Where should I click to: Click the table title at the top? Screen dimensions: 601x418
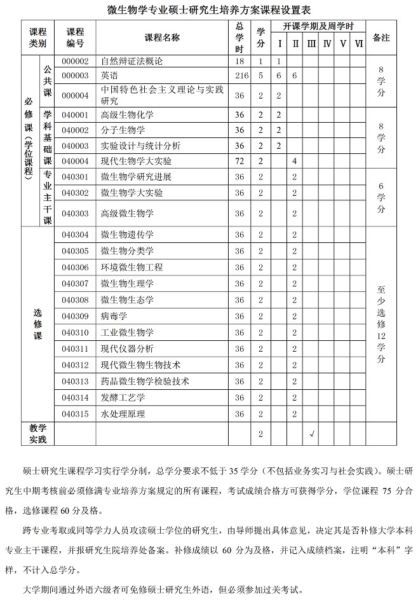(x=208, y=9)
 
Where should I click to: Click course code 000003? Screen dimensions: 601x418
(x=76, y=75)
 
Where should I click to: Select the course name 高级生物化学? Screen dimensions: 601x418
(x=127, y=115)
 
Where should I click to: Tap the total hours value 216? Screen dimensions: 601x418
(x=239, y=75)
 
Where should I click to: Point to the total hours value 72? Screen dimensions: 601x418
(x=239, y=162)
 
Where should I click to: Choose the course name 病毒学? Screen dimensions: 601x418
(x=114, y=316)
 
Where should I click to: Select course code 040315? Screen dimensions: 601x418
(x=76, y=414)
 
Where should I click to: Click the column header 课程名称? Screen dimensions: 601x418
(x=162, y=38)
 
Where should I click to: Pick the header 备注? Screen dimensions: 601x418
(x=381, y=38)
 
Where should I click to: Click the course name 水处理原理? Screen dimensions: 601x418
(x=123, y=414)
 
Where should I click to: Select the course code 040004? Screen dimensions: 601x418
(x=76, y=162)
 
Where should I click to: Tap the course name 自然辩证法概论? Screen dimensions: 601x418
(x=131, y=62)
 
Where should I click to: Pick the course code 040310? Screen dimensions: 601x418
(x=76, y=333)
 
